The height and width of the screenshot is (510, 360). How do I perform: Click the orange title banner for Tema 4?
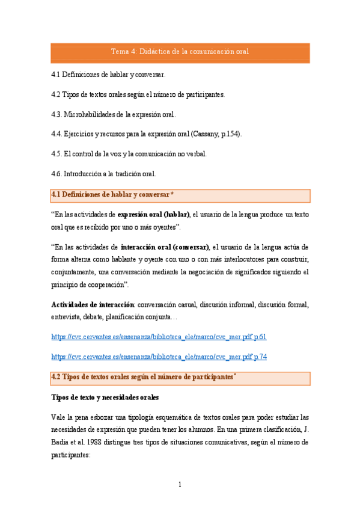180,52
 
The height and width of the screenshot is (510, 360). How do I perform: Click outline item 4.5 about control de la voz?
129,154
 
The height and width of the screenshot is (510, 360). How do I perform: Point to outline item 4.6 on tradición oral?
103,174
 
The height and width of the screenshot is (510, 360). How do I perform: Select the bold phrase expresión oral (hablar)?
154,215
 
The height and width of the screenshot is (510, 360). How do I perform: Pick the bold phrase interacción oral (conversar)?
165,247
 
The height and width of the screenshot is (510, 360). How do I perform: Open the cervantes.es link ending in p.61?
159,337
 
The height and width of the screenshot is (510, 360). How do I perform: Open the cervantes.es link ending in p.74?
159,357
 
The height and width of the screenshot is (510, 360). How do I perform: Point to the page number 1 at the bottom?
180,485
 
